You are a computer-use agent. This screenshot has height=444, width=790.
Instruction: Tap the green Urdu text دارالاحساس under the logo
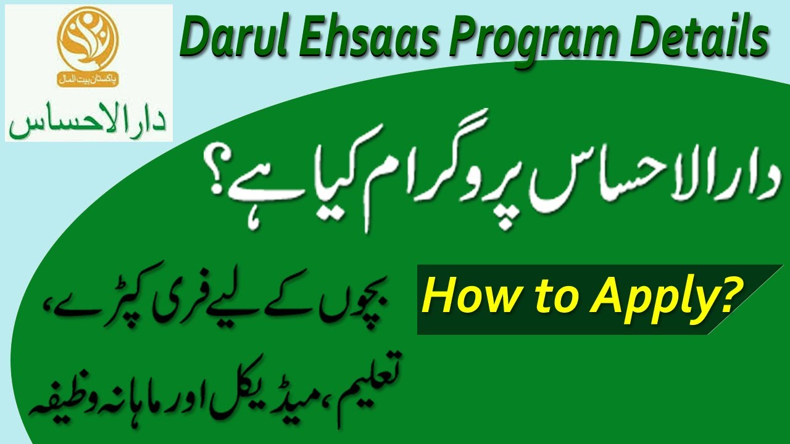click(88, 117)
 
